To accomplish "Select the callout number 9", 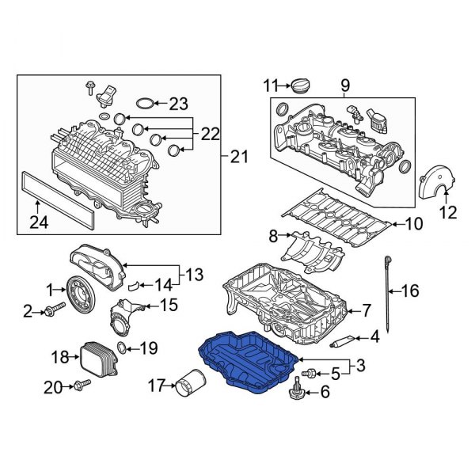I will coord(345,84).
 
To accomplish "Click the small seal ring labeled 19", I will coord(121,347).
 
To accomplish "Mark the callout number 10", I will coord(413,224).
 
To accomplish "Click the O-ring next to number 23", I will coord(142,103).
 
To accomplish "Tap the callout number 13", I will coord(194,275).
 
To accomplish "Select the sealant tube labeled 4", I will coord(344,340).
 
